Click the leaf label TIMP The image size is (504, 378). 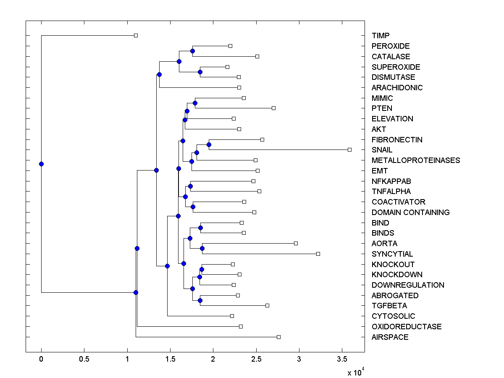[381, 36]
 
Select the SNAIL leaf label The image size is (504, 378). [382, 150]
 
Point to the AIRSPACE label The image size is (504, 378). [390, 337]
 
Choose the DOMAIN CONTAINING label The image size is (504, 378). [410, 213]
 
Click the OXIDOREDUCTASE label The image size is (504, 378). [407, 327]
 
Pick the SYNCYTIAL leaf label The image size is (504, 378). [392, 254]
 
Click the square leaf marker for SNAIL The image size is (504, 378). [349, 150]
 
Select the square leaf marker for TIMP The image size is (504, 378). [136, 35]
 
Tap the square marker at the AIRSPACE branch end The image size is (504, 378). [278, 337]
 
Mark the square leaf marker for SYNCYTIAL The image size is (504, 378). [318, 254]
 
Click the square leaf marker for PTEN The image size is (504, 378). [273, 108]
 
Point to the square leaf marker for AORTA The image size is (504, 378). [296, 243]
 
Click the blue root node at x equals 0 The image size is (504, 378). [41, 164]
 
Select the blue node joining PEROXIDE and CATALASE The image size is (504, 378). [192, 51]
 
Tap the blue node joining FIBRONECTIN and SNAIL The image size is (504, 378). [209, 144]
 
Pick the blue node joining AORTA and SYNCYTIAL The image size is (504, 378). [202, 248]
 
